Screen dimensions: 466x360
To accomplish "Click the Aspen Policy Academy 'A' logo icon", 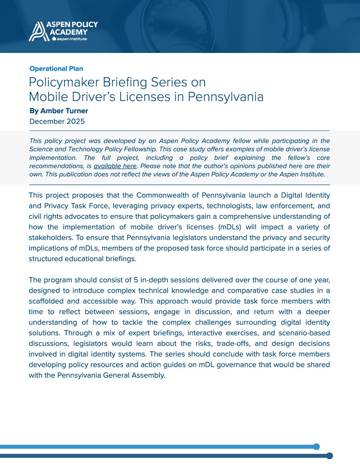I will click(37, 31).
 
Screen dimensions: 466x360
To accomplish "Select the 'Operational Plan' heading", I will click(56, 69).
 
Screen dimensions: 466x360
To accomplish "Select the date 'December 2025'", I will click(57, 121).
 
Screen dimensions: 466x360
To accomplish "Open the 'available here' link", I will click(115, 166).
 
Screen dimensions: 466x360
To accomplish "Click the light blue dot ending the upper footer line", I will click(316, 447).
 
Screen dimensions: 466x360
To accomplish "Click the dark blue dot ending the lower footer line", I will click(329, 456).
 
